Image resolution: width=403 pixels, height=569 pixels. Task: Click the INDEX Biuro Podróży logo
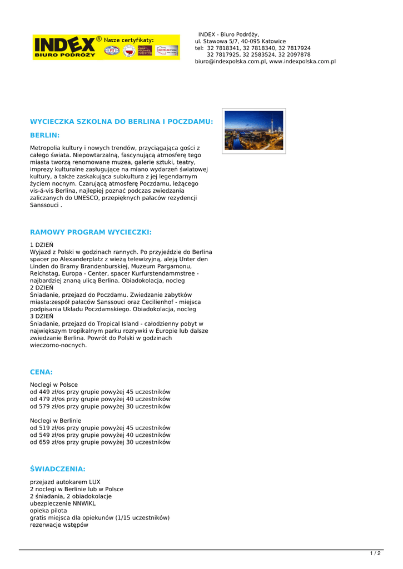(x=64, y=47)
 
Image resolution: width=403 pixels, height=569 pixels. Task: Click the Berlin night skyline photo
(x=254, y=131)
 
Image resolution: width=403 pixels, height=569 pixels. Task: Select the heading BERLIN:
(x=44, y=135)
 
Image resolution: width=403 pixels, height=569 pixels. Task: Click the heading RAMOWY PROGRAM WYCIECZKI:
(x=91, y=232)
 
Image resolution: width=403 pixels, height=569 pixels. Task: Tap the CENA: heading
(x=41, y=372)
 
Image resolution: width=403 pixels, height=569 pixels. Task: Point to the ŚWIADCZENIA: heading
(x=57, y=469)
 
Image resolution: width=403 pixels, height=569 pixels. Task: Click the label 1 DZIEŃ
(x=42, y=244)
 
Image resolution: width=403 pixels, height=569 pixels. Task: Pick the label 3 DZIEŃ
(x=42, y=317)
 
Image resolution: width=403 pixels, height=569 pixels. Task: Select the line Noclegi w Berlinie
(x=56, y=421)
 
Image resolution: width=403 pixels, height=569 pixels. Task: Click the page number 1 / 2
(x=376, y=553)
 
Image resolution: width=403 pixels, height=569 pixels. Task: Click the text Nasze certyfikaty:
(x=129, y=40)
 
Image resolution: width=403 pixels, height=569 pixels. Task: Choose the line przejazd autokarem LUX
(x=65, y=482)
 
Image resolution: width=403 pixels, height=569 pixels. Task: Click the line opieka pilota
(x=48, y=511)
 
